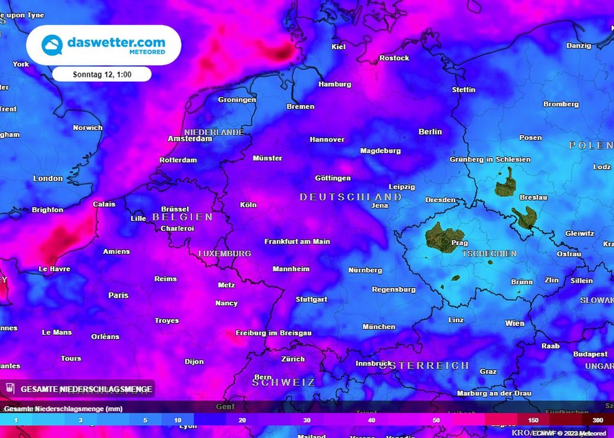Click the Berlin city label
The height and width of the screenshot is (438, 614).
pyautogui.click(x=430, y=131)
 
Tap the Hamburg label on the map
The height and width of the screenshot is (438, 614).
pyautogui.click(x=335, y=84)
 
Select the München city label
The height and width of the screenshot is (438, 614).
pyautogui.click(x=379, y=326)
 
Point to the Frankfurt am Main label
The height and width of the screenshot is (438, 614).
pyautogui.click(x=297, y=241)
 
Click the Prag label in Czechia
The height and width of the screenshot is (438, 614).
pyautogui.click(x=459, y=243)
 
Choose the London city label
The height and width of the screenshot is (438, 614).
pyautogui.click(x=48, y=178)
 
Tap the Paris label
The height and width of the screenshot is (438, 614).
pyautogui.click(x=118, y=295)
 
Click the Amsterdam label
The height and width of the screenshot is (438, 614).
pyautogui.click(x=190, y=139)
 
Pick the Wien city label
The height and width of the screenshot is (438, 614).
pyautogui.click(x=514, y=323)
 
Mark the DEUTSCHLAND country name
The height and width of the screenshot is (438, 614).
pyautogui.click(x=351, y=197)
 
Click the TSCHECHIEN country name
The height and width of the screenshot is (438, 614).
pyautogui.click(x=489, y=254)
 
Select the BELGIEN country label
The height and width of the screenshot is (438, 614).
pyautogui.click(x=183, y=217)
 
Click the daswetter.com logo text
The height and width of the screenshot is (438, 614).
pyautogui.click(x=116, y=43)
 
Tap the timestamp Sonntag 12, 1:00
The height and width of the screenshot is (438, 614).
pyautogui.click(x=102, y=74)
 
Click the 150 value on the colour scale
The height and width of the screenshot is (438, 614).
pyautogui.click(x=532, y=420)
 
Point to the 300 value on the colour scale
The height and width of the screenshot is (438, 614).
pyautogui.click(x=598, y=420)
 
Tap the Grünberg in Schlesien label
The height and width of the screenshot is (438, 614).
pyautogui.click(x=490, y=159)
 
